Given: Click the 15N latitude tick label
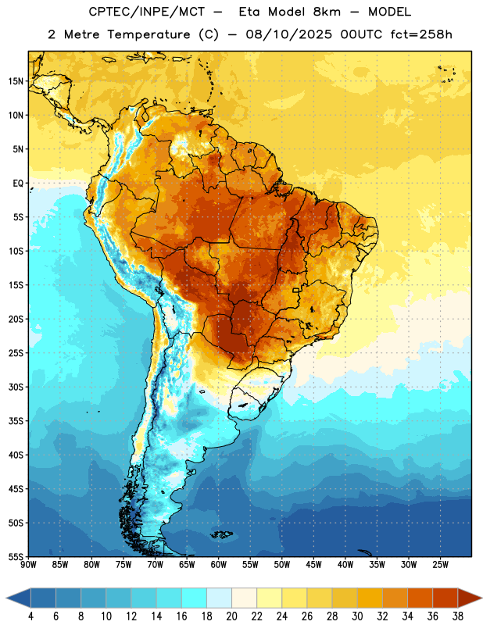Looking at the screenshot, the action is (x=16, y=81).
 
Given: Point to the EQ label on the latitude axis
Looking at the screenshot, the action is (x=18, y=184).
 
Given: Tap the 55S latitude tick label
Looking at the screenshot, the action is (x=16, y=557).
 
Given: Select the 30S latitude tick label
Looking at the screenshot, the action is (x=16, y=387).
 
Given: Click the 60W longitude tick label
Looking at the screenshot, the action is (x=219, y=565).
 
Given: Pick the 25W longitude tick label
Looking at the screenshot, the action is (x=440, y=565).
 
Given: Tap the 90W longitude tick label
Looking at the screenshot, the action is (x=28, y=565).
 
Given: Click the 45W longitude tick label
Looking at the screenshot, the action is (x=313, y=565).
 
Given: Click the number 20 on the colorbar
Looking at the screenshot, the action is (x=231, y=616).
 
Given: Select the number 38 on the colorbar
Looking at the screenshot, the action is (x=458, y=616).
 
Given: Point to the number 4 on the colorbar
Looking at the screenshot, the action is (x=30, y=616).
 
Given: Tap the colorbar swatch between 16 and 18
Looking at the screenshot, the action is (x=194, y=598).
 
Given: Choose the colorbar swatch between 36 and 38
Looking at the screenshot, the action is (x=445, y=598).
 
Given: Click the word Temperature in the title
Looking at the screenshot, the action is (x=149, y=34).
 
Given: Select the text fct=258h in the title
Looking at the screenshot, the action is (x=421, y=34).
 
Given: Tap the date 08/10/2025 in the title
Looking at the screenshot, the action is (x=288, y=34).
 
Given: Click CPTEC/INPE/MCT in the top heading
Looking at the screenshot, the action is (x=146, y=12).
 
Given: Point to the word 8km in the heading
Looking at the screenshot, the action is (x=327, y=12).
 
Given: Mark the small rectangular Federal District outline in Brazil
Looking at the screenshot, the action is (x=296, y=290).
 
